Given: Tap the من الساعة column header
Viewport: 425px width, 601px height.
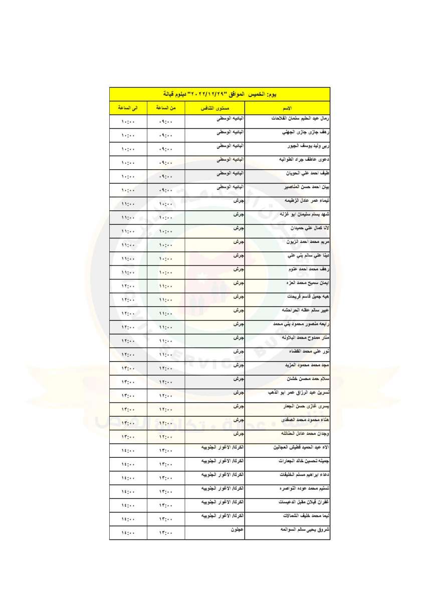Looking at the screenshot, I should point(165,108).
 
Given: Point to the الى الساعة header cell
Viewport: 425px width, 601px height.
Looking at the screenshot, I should point(127,108).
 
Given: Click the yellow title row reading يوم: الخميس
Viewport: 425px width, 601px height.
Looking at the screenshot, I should point(220,94).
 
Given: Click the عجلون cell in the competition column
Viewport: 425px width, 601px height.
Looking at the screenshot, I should point(237,529).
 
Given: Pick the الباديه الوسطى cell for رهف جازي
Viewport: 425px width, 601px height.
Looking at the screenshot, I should point(230,133).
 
